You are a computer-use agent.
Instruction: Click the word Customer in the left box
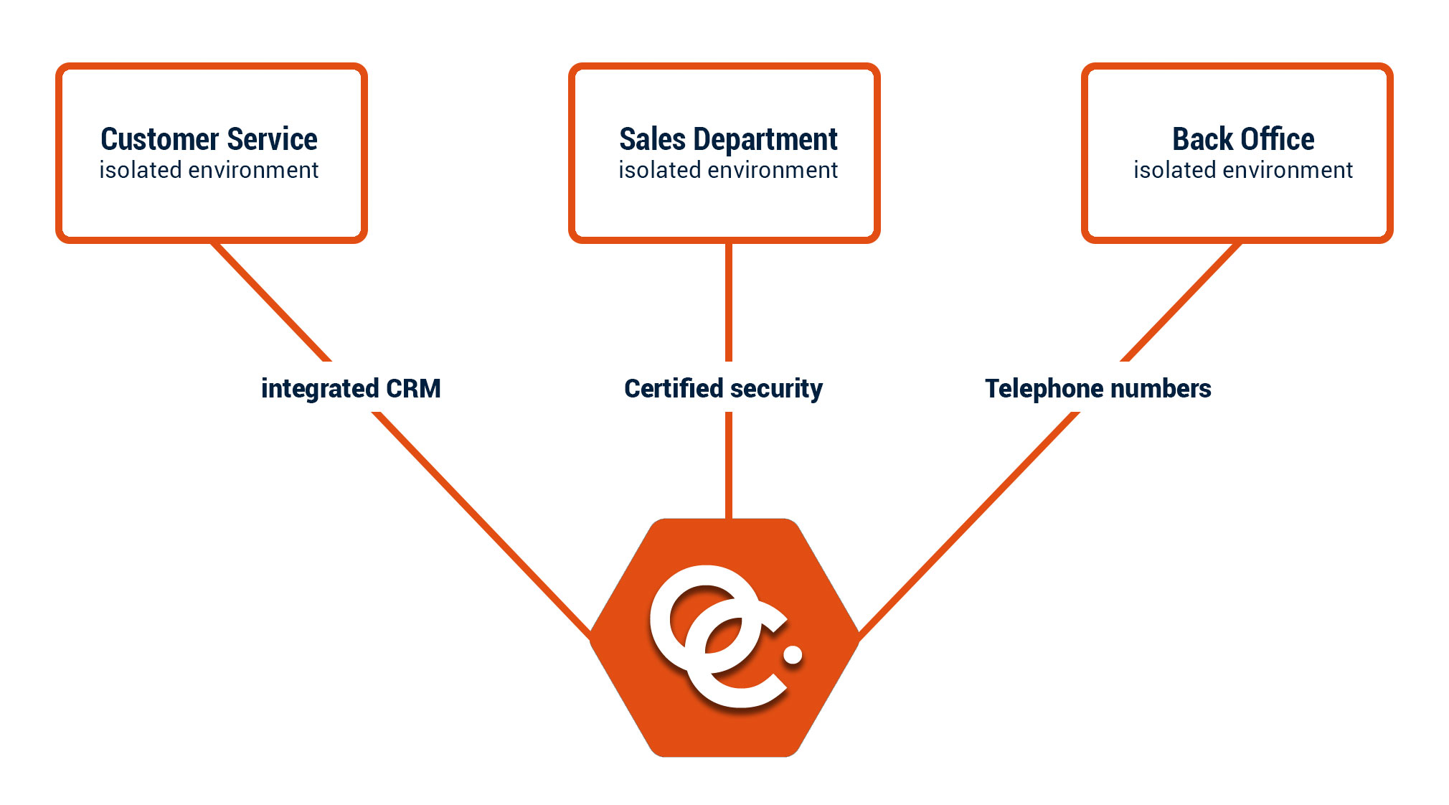point(159,139)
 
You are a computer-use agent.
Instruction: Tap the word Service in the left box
point(272,139)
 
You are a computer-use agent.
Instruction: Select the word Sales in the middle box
point(652,139)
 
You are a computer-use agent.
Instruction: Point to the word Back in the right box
point(1202,139)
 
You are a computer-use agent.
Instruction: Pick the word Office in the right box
point(1278,139)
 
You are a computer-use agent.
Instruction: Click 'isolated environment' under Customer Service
point(209,170)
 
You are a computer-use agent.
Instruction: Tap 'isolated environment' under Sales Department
point(728,170)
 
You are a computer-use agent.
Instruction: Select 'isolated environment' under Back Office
point(1243,170)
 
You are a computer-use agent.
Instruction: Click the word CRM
point(413,388)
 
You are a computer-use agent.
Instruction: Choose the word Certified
point(674,388)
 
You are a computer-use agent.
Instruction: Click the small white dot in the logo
point(793,654)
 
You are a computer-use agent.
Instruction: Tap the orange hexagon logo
point(724,638)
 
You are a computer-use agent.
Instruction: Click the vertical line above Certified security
point(729,302)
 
